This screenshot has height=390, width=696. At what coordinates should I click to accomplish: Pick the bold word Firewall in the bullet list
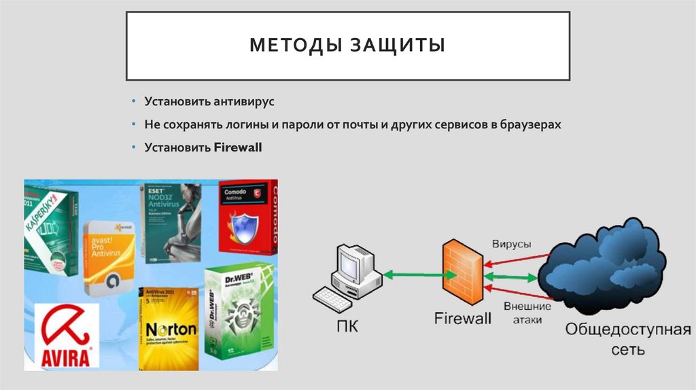pyautogui.click(x=238, y=147)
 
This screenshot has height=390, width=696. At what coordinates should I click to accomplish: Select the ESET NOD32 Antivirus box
pyautogui.click(x=170, y=221)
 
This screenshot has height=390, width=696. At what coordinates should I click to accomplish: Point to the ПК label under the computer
pyautogui.click(x=344, y=327)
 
